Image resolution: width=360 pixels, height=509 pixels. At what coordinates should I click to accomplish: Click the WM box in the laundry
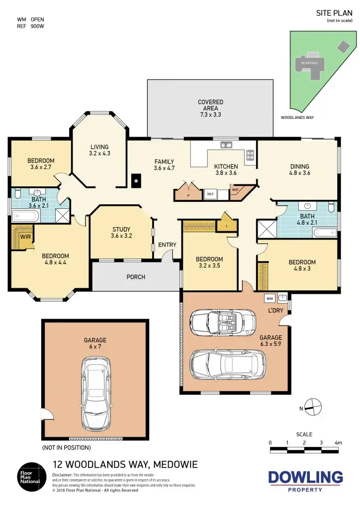point(270,298)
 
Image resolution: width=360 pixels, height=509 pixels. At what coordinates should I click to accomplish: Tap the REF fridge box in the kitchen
point(210,194)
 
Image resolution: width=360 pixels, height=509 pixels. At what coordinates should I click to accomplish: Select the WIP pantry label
point(235,189)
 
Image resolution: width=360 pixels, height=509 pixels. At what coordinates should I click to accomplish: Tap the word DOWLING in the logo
point(305,478)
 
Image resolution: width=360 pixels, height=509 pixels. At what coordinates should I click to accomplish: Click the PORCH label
point(135,276)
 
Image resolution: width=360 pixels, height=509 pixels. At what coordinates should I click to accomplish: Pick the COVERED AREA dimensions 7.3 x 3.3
point(210,115)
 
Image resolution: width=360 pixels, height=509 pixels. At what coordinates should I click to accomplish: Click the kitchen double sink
point(227,145)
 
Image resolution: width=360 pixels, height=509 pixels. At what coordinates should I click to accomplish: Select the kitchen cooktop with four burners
point(250,155)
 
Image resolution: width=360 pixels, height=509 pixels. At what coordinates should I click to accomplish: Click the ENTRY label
point(167,245)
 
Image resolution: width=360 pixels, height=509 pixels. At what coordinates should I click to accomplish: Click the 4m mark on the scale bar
point(339,442)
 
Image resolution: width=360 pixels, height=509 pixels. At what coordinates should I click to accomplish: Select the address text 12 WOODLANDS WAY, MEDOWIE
point(125,465)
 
